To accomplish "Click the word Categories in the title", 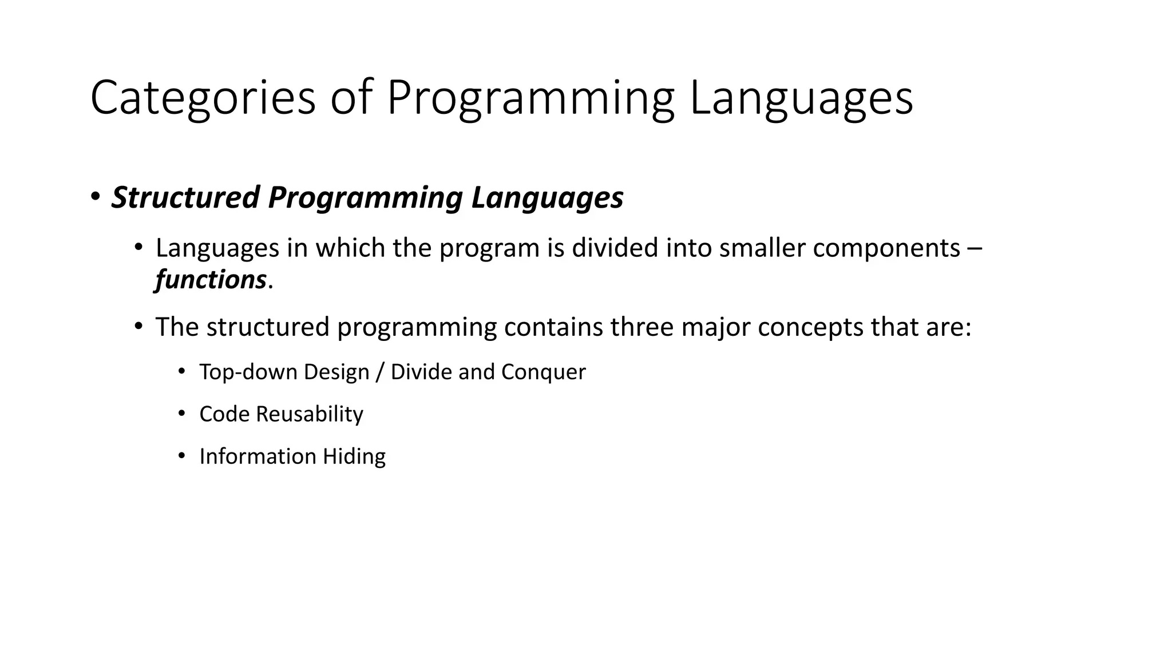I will click(x=203, y=98).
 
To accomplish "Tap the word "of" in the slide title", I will click(x=350, y=98).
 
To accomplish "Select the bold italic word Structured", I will click(x=185, y=197).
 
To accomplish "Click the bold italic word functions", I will click(x=211, y=280).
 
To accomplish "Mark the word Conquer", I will click(x=544, y=372).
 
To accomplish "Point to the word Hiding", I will click(x=354, y=456).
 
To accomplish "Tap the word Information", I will click(x=258, y=456).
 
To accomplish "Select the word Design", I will click(x=336, y=372).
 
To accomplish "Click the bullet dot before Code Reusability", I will click(x=181, y=413).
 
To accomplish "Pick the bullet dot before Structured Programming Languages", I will click(x=95, y=197).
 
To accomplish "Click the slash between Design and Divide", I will click(x=380, y=372).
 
